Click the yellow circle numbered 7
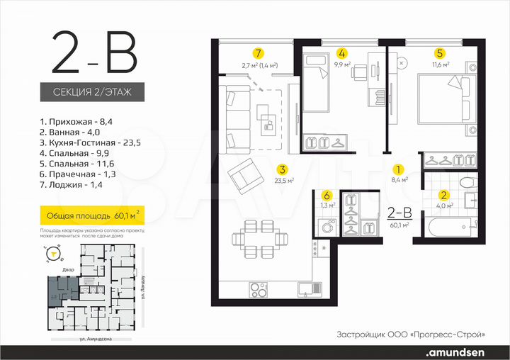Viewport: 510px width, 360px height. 259,53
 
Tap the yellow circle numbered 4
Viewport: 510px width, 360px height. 342,53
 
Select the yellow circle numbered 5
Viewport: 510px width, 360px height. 440,53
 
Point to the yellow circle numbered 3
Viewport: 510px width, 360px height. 282,169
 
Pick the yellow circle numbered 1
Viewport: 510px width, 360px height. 398,170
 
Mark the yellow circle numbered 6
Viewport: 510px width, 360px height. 327,196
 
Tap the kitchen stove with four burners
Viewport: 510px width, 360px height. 258,289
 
